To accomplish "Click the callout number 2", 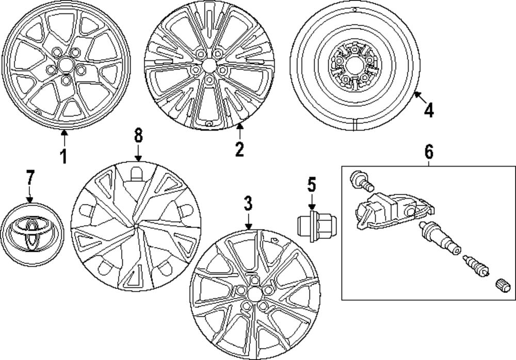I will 238,149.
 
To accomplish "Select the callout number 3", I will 248,204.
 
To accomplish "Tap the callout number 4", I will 428,109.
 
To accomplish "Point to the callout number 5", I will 311,185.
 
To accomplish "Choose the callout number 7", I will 29,178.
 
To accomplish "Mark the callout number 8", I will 138,137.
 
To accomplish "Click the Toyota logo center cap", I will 29,233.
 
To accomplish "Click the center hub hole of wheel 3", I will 253,293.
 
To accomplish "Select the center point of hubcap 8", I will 135,225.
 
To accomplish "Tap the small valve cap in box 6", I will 503,284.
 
